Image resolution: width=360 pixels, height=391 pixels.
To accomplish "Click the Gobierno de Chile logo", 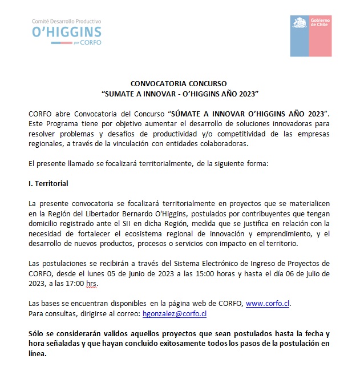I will [311, 37].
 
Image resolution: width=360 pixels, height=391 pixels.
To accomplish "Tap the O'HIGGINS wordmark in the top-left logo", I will [68, 32].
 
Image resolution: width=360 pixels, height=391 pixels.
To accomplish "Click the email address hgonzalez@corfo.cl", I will [175, 313].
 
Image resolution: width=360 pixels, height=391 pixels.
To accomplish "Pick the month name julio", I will [320, 272].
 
